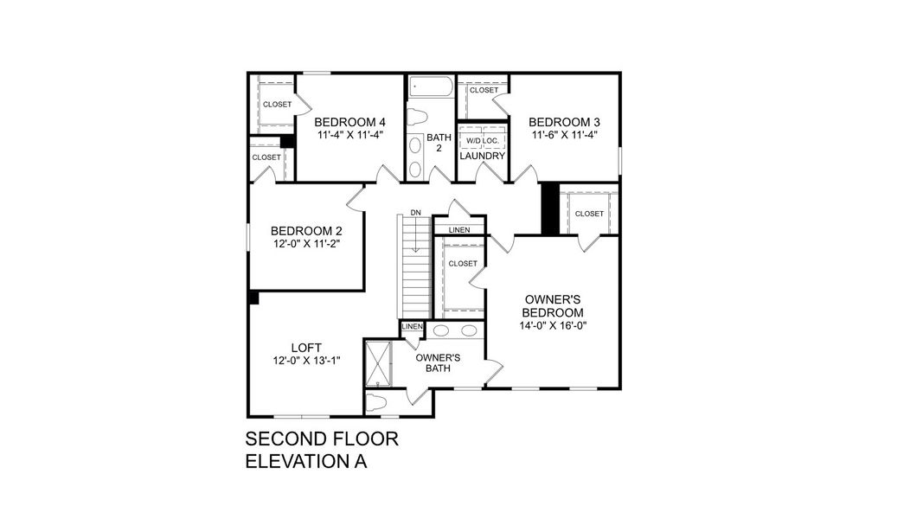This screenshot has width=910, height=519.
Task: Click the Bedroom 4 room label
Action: pyautogui.click(x=349, y=122)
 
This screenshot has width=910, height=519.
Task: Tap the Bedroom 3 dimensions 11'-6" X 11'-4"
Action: pyautogui.click(x=564, y=135)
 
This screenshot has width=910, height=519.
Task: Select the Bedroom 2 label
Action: pyautogui.click(x=306, y=231)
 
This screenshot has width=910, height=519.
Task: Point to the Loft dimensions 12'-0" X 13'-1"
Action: pyautogui.click(x=306, y=361)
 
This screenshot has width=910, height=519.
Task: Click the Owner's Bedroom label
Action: pyautogui.click(x=554, y=305)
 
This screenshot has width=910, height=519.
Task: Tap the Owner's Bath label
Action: pyautogui.click(x=438, y=362)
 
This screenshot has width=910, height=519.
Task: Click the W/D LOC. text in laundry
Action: pyautogui.click(x=482, y=140)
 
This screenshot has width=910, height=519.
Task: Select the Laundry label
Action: pyautogui.click(x=482, y=156)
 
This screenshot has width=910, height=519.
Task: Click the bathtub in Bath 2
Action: pyautogui.click(x=430, y=87)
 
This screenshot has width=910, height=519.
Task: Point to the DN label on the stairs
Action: pyautogui.click(x=415, y=213)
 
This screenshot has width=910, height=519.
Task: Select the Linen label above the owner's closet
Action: pyautogui.click(x=459, y=229)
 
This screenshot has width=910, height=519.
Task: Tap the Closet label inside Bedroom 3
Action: pyautogui.click(x=484, y=90)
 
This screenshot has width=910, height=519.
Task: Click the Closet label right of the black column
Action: pyautogui.click(x=589, y=214)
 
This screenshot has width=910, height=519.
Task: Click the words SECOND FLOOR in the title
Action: pyautogui.click(x=322, y=439)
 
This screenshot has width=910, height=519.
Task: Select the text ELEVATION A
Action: pyautogui.click(x=306, y=461)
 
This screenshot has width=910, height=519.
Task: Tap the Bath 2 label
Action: pyautogui.click(x=439, y=143)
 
